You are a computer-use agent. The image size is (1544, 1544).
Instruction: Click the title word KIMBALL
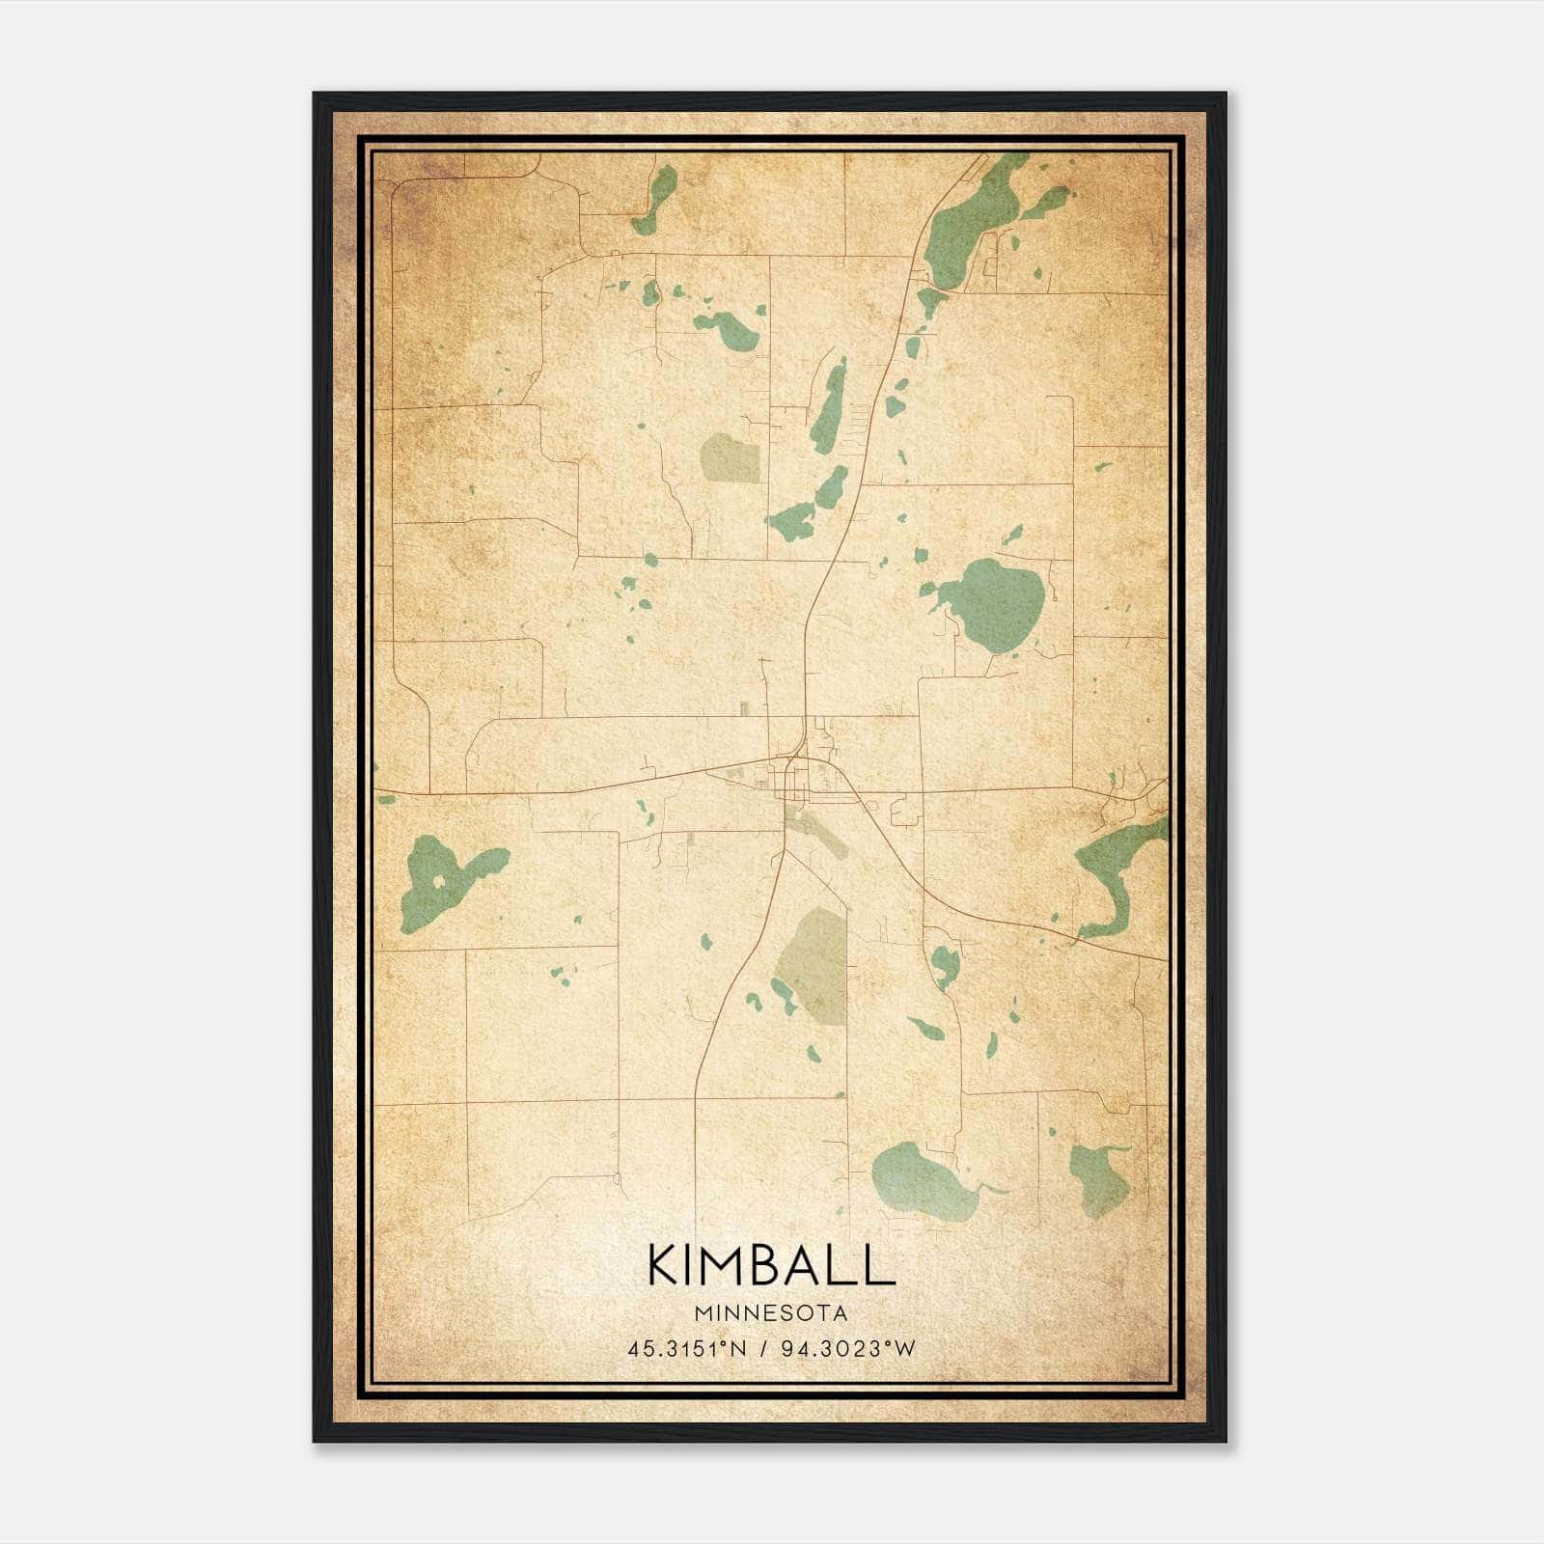(771, 1265)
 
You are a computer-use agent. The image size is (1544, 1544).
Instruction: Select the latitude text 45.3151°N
(687, 1349)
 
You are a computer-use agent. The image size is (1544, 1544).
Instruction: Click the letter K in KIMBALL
(666, 1265)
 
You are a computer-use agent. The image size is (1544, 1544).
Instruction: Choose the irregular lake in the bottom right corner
(1100, 1177)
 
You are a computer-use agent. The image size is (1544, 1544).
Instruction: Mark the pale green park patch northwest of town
(731, 457)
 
